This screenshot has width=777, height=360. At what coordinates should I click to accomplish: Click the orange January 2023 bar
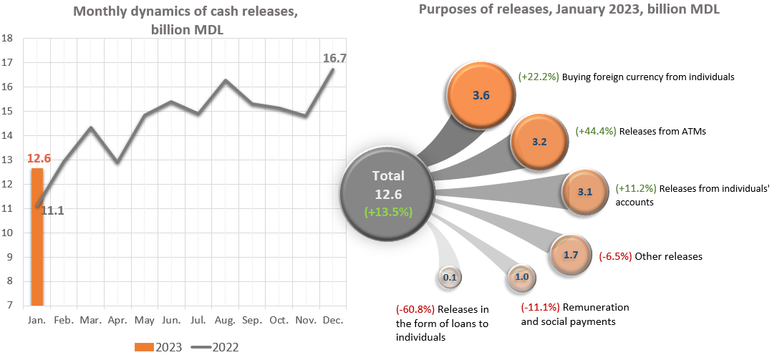[37, 236]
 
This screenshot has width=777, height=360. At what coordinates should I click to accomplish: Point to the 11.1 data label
[52, 210]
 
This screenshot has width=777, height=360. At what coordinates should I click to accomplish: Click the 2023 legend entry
[158, 347]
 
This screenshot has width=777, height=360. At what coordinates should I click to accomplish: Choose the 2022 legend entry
[215, 347]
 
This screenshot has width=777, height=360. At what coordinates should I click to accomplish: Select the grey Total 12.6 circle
[387, 193]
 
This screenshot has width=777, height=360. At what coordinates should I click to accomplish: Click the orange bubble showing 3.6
[481, 95]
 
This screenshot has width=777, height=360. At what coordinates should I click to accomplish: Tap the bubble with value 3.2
[539, 142]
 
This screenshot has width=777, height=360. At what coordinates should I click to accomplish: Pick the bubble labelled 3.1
[585, 192]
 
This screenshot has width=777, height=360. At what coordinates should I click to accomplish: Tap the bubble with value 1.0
[521, 277]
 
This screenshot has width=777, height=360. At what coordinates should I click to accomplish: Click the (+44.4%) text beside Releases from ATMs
[595, 132]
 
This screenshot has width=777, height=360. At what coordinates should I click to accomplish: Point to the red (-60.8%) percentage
[415, 309]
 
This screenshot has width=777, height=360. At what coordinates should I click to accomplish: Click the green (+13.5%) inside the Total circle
[387, 212]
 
